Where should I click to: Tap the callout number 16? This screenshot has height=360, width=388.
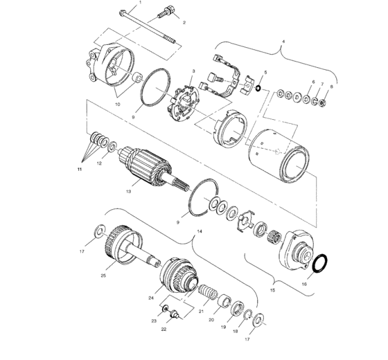324,283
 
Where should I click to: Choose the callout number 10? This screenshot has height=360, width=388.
117,104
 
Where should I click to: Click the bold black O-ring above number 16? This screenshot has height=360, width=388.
321,264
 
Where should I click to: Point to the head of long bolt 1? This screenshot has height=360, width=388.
122,12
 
